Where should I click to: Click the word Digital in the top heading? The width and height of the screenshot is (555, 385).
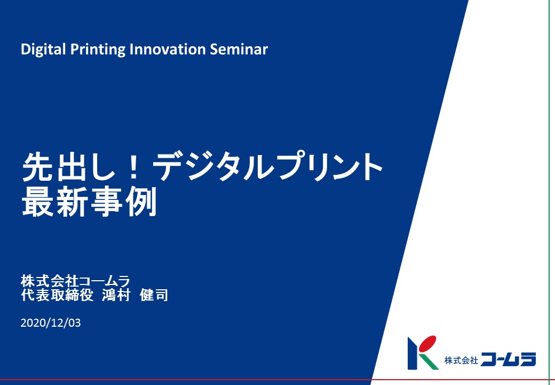click(x=43, y=49)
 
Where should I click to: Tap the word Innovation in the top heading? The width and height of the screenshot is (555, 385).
click(x=168, y=49)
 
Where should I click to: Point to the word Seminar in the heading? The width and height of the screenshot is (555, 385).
click(x=239, y=49)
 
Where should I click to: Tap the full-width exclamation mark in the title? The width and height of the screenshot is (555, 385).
click(x=133, y=167)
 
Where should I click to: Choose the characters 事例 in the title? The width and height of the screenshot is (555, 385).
click(x=123, y=202)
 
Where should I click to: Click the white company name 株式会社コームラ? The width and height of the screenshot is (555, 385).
click(x=75, y=281)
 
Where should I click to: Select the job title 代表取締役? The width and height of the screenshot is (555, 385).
click(x=57, y=295)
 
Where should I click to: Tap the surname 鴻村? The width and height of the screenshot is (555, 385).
click(x=116, y=295)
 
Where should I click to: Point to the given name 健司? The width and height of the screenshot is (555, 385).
click(x=154, y=295)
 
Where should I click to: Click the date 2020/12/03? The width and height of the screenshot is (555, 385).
click(x=51, y=322)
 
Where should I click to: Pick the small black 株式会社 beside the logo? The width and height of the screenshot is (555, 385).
click(x=461, y=360)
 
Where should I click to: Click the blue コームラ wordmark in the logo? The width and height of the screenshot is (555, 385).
click(x=508, y=359)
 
